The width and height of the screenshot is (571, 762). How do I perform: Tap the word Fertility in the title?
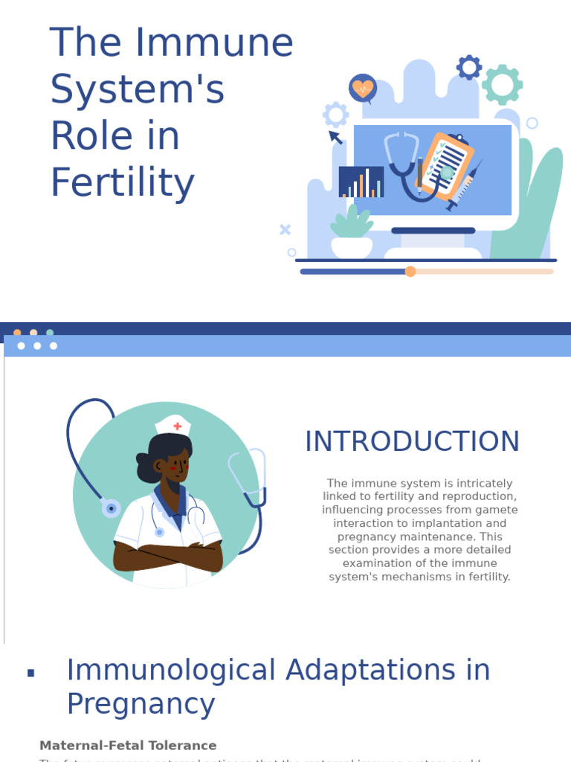click(x=122, y=182)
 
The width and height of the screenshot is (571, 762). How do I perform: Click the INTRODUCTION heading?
click(x=412, y=441)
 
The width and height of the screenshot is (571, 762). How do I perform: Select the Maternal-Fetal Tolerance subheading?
click(x=128, y=745)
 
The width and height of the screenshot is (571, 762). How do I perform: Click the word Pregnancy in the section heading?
click(x=141, y=704)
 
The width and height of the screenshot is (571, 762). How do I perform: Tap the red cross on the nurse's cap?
click(x=177, y=426)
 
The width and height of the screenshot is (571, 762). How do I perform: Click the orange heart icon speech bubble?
click(x=363, y=89)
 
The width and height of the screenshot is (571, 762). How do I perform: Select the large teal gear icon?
click(x=503, y=84)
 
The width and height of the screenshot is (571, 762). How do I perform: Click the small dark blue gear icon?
click(x=469, y=68)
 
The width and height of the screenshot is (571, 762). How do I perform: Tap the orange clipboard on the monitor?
click(x=445, y=167)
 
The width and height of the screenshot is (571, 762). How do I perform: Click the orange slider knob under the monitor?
click(x=410, y=272)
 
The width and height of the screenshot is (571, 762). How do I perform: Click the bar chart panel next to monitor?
click(x=361, y=182)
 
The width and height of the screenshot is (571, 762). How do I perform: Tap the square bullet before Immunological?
click(x=31, y=673)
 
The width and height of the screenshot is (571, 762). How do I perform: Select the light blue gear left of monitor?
click(x=336, y=115)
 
